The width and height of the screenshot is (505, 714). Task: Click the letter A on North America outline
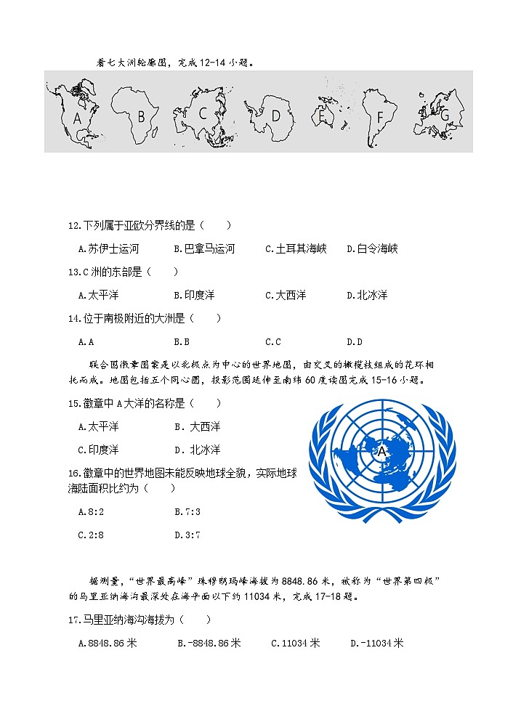point(78,117)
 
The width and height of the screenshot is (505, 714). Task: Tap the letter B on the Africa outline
point(142,115)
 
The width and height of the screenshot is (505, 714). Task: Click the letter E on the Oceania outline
point(321,113)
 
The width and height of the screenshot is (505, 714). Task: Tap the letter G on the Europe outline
point(445,114)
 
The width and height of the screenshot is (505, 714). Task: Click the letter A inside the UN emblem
point(381,451)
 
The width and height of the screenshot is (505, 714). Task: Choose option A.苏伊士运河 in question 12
point(108,248)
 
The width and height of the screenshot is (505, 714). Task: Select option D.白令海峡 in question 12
point(372,248)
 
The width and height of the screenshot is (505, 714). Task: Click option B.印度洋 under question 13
point(194,295)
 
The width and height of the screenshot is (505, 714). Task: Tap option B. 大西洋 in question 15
point(197,426)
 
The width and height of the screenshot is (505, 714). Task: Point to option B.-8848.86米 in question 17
point(209,643)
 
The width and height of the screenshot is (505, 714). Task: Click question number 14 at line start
point(73,318)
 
